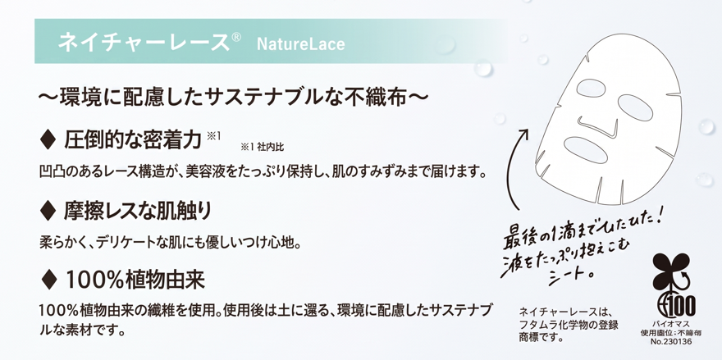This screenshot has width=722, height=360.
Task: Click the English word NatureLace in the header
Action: tap(300, 44)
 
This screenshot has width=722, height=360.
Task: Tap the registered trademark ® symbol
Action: tap(235, 38)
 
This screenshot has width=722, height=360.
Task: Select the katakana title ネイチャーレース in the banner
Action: tap(144, 42)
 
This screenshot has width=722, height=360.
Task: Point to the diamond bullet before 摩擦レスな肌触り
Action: tap(48, 211)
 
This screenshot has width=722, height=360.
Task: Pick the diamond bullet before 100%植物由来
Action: tap(48, 280)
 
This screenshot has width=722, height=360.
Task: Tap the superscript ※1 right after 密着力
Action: tap(213, 135)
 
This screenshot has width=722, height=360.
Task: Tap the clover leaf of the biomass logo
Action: tap(670, 271)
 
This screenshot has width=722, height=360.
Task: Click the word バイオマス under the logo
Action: tap(672, 325)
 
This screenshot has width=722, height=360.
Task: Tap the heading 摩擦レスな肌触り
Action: tap(138, 211)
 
